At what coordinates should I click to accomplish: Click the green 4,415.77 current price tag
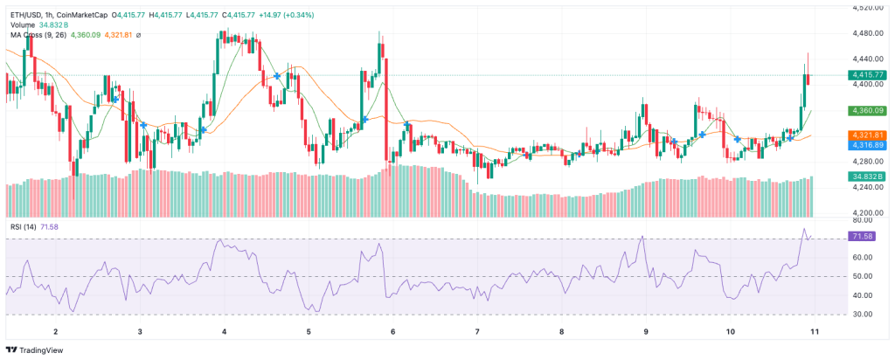tap(867, 75)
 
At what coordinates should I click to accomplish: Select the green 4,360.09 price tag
tap(867, 110)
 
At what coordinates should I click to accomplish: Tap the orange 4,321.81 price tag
tap(867, 135)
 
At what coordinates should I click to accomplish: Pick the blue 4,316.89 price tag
tap(867, 145)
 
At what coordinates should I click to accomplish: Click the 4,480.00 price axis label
tap(867, 33)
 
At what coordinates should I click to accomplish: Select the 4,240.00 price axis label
tap(867, 187)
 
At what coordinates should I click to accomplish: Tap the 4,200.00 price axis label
tap(867, 213)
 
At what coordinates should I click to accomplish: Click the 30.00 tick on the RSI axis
tap(861, 315)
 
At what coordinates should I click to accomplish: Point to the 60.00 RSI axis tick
tap(861, 257)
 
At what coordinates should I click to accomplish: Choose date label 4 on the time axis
tap(225, 331)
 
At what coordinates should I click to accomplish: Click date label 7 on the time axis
tap(477, 331)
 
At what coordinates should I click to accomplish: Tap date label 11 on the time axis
tap(815, 331)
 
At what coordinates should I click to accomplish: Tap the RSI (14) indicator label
tap(24, 227)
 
